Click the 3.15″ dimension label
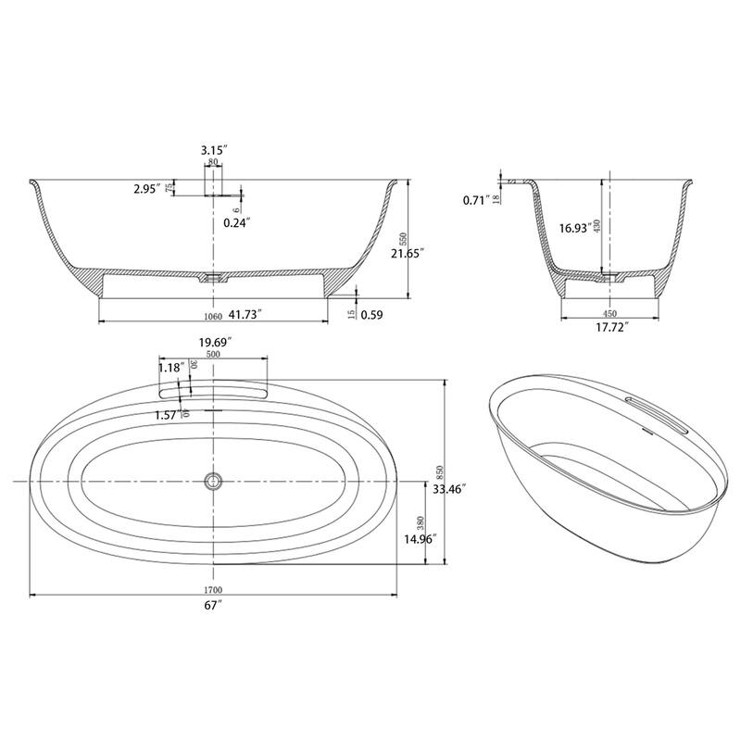point(214,149)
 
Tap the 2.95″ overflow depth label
point(146,188)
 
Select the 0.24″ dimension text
point(236,222)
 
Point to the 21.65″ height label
point(407,252)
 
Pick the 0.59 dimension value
point(372,315)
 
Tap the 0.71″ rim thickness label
point(476,199)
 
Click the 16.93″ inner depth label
point(575,228)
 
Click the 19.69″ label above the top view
point(214,342)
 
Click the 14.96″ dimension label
point(421,538)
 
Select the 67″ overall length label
point(214,605)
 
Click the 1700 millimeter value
point(214,590)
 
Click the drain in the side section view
point(214,276)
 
